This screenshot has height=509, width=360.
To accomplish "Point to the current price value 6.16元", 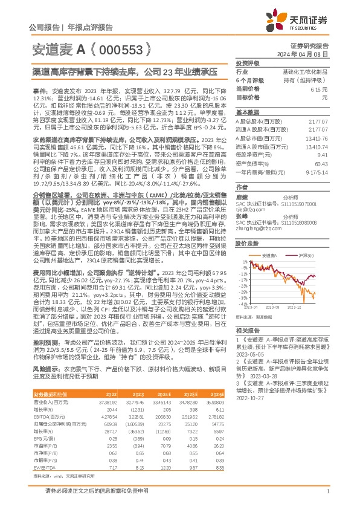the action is tap(318, 88).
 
